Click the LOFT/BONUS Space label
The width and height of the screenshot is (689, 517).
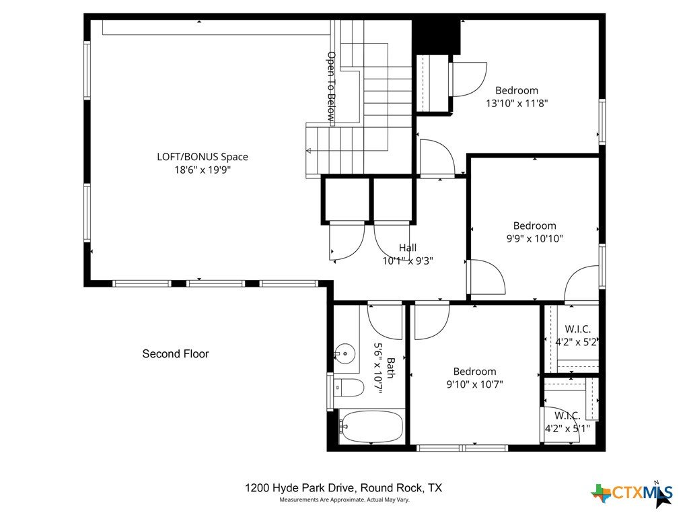(x=203, y=157)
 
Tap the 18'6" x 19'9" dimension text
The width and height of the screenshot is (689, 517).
(x=203, y=170)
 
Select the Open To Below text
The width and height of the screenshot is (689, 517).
(x=331, y=87)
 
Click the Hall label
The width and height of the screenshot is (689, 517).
(x=408, y=248)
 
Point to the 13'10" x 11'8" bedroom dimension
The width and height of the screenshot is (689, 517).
(x=517, y=103)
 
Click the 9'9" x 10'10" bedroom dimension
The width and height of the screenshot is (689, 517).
(x=535, y=239)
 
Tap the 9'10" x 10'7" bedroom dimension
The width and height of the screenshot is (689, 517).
(x=474, y=384)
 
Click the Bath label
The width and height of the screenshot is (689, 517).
(x=390, y=368)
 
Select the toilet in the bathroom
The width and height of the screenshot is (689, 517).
(x=348, y=388)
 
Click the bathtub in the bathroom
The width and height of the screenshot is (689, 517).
(x=371, y=426)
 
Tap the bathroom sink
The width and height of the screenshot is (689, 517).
(x=345, y=353)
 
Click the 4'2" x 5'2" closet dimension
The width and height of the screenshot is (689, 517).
(x=576, y=342)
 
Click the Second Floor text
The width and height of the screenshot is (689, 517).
(x=176, y=354)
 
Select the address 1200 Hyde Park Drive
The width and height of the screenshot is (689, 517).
(x=301, y=487)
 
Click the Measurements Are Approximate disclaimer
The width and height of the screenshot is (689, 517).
(x=344, y=500)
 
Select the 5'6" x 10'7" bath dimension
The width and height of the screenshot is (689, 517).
(x=377, y=369)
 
